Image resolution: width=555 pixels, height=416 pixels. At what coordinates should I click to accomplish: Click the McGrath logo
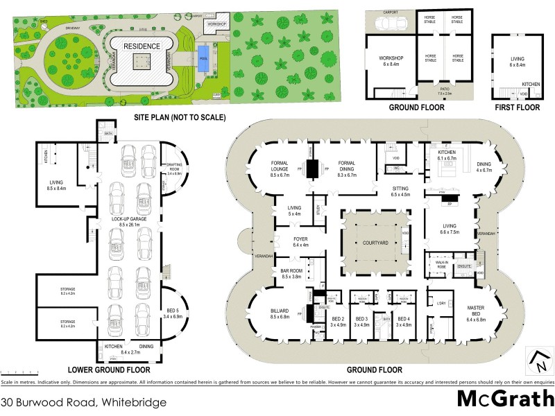click(x=505, y=399)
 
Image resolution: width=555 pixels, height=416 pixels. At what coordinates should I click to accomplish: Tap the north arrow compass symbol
click(x=540, y=361)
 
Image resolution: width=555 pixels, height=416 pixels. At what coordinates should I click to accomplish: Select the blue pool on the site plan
click(x=203, y=53)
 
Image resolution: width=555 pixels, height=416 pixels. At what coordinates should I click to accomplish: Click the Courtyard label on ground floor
click(x=376, y=243)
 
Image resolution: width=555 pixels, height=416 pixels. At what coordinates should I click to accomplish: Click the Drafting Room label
click(x=173, y=168)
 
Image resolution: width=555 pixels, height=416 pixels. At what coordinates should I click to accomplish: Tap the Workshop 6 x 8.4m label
click(x=391, y=60)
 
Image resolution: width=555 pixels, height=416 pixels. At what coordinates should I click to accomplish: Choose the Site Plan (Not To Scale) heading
click(x=180, y=118)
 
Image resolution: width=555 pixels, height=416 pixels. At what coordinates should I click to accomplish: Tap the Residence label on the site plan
click(x=142, y=46)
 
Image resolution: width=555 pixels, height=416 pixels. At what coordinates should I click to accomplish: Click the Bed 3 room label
click(x=361, y=322)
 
